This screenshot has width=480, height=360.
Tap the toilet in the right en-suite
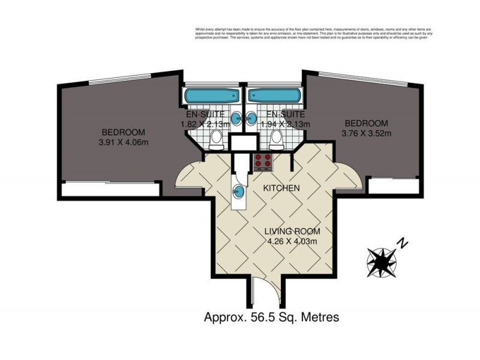click(277, 139)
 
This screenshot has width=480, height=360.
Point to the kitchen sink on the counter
click(238, 191)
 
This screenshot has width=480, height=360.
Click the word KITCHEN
click(282, 188)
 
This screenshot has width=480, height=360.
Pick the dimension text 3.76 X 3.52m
click(366, 133)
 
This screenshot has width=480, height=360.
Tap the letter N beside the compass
click(403, 243)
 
